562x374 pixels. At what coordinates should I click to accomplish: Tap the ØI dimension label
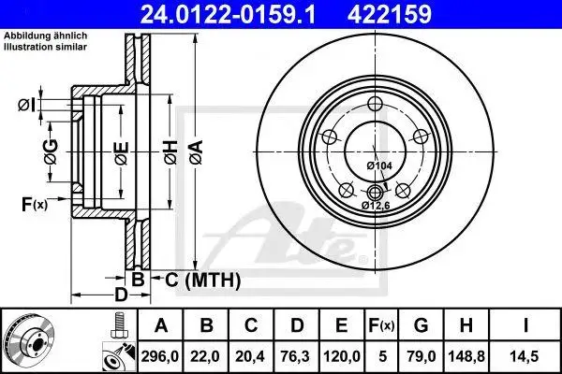[27, 105]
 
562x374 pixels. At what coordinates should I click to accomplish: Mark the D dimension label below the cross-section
[120, 296]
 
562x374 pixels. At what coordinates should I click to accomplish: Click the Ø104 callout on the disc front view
[378, 165]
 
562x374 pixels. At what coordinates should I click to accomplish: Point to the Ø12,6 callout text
[375, 204]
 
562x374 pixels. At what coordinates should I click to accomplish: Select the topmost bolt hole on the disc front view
[375, 104]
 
